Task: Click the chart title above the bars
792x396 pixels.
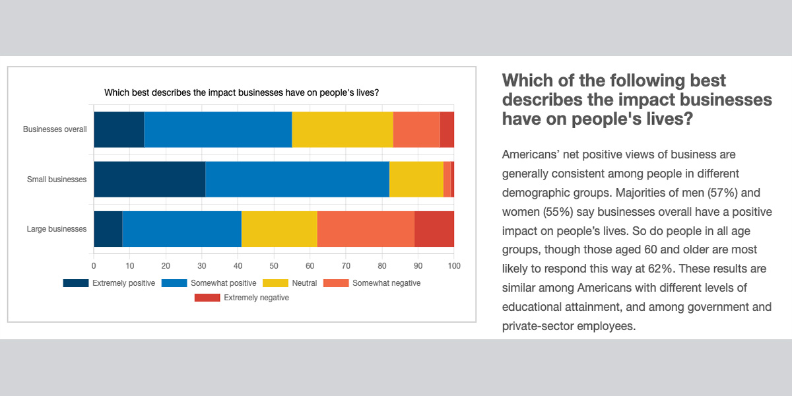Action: pyautogui.click(x=241, y=92)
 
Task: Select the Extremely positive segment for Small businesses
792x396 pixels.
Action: pyautogui.click(x=149, y=179)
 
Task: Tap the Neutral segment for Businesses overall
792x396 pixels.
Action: pyautogui.click(x=343, y=129)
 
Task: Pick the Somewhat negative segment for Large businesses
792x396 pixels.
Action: pyautogui.click(x=366, y=229)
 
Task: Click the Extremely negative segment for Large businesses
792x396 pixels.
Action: pyautogui.click(x=434, y=229)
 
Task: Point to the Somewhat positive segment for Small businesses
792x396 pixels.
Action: pyautogui.click(x=297, y=179)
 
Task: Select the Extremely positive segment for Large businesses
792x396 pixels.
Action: pyautogui.click(x=108, y=229)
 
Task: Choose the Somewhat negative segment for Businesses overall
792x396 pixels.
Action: pyautogui.click(x=416, y=129)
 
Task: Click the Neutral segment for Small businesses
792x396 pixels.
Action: pyautogui.click(x=416, y=179)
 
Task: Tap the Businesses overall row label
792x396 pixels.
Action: pyautogui.click(x=55, y=129)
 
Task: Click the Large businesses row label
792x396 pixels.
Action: pyautogui.click(x=57, y=229)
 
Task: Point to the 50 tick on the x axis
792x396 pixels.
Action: pyautogui.click(x=274, y=266)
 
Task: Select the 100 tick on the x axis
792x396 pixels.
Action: pyautogui.click(x=454, y=266)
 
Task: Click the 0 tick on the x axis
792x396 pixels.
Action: pyautogui.click(x=94, y=266)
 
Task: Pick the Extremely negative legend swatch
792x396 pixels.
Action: pyautogui.click(x=207, y=298)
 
